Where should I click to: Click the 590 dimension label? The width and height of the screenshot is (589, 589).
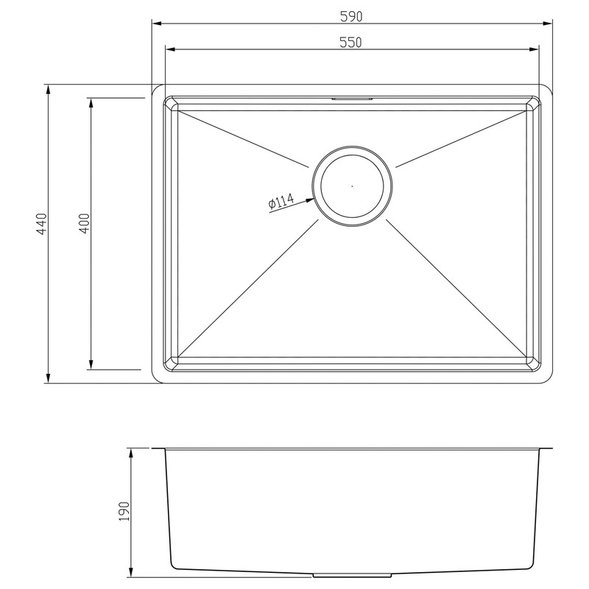pos(352,15)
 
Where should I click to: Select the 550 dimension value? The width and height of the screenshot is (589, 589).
pos(352,42)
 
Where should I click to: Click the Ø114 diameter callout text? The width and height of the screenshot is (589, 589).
pos(281,200)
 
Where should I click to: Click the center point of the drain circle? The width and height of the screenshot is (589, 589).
pos(352,186)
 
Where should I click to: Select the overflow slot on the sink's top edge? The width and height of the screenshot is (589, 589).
pos(352,97)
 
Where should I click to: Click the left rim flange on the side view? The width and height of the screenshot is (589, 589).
pos(158,448)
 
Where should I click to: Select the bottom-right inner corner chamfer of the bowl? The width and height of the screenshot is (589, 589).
pos(532,362)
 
